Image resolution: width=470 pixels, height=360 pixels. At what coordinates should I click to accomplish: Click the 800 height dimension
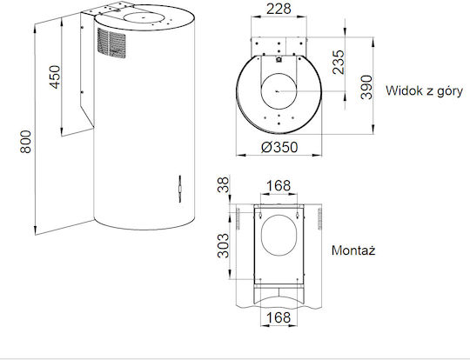click(26, 142)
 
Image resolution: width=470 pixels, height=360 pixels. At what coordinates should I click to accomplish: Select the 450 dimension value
click(55, 77)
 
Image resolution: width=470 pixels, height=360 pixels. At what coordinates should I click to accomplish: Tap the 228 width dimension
click(279, 9)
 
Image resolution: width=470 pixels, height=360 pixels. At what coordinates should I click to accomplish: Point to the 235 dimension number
click(339, 62)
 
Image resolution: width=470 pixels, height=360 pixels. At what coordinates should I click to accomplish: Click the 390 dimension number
click(366, 87)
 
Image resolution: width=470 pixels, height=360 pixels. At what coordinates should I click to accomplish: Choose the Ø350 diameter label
click(279, 147)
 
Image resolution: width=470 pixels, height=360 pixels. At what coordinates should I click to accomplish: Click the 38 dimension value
click(224, 185)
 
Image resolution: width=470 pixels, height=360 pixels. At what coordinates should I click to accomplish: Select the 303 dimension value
click(224, 246)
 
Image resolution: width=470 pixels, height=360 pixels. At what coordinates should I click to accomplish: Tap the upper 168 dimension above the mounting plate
click(279, 186)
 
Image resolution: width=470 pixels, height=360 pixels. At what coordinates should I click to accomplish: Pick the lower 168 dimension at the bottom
click(279, 317)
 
